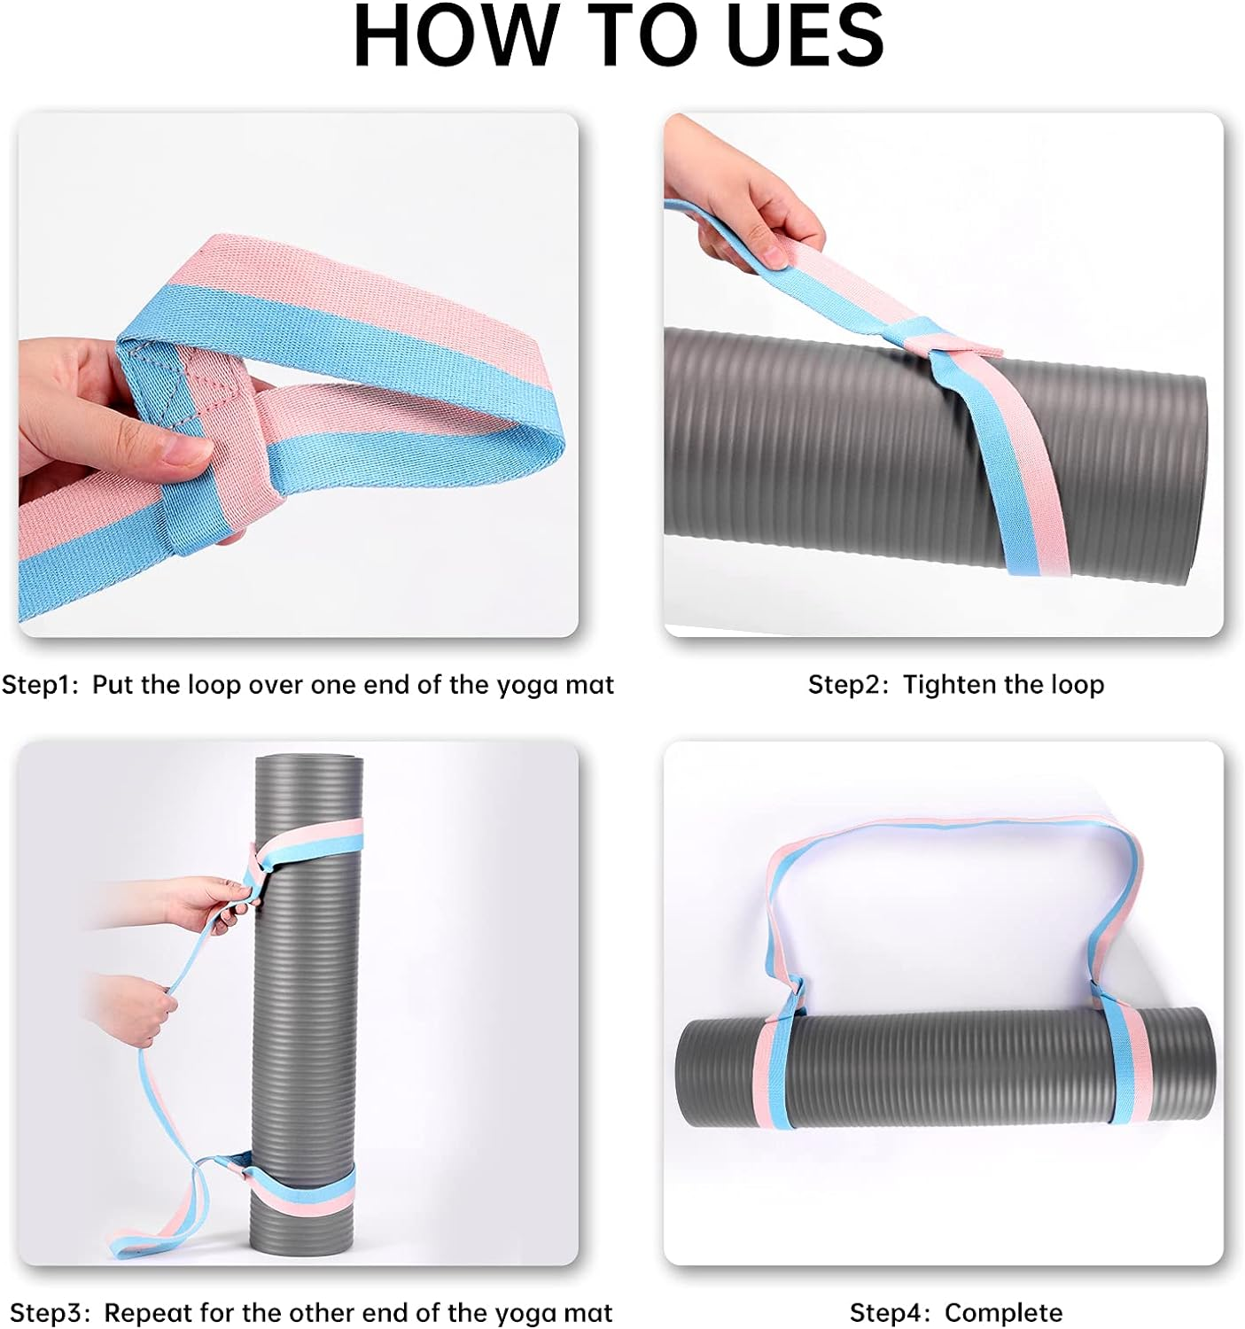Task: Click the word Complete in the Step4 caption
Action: pos(1003,1312)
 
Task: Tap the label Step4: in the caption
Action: pos(890,1312)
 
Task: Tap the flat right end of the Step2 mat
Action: pos(1192,478)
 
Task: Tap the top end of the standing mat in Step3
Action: pos(308,762)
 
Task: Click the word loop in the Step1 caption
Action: pos(214,685)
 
